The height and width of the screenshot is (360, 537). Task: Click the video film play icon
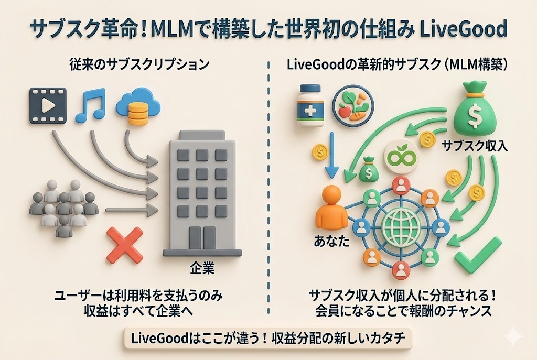click(48, 106)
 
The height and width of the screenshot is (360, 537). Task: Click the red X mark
click(125, 245)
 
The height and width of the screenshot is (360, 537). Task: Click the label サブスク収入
click(475, 145)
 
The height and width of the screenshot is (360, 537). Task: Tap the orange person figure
click(332, 205)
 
